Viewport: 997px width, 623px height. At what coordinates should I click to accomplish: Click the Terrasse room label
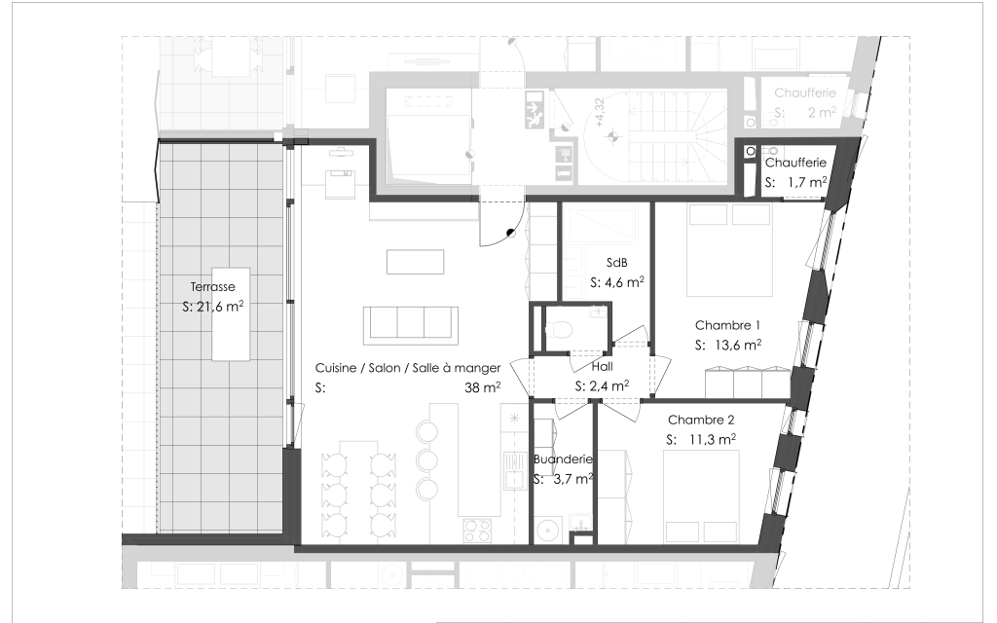pyautogui.click(x=212, y=287)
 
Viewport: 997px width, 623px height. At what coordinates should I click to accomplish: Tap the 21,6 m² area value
pyautogui.click(x=220, y=307)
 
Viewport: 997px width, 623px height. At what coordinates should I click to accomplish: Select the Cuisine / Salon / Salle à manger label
pyautogui.click(x=408, y=368)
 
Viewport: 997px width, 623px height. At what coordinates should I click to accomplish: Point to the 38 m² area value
pyautogui.click(x=482, y=386)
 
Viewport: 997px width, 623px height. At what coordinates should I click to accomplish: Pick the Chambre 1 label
pyautogui.click(x=727, y=325)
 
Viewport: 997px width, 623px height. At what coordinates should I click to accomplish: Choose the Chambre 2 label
pyautogui.click(x=701, y=421)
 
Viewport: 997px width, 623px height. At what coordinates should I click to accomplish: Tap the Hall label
pyautogui.click(x=602, y=367)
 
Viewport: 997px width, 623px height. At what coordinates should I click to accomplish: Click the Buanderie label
pyautogui.click(x=563, y=459)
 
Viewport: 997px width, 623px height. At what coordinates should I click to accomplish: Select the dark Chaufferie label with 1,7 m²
pyautogui.click(x=795, y=163)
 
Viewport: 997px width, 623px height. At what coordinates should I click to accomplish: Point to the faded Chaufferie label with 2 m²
pyautogui.click(x=805, y=92)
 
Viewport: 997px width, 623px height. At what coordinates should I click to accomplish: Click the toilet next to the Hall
pyautogui.click(x=559, y=329)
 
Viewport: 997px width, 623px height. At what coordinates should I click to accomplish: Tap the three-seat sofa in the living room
pyautogui.click(x=411, y=324)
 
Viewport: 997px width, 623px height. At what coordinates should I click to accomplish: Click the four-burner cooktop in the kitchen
pyautogui.click(x=477, y=530)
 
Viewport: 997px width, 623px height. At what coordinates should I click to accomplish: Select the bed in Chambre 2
pyautogui.click(x=701, y=496)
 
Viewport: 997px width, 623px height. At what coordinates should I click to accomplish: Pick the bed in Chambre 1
pyautogui.click(x=729, y=250)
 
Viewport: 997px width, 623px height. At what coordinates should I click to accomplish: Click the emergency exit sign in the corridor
pyautogui.click(x=535, y=110)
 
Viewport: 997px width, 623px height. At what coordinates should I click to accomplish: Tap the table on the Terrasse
pyautogui.click(x=232, y=314)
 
